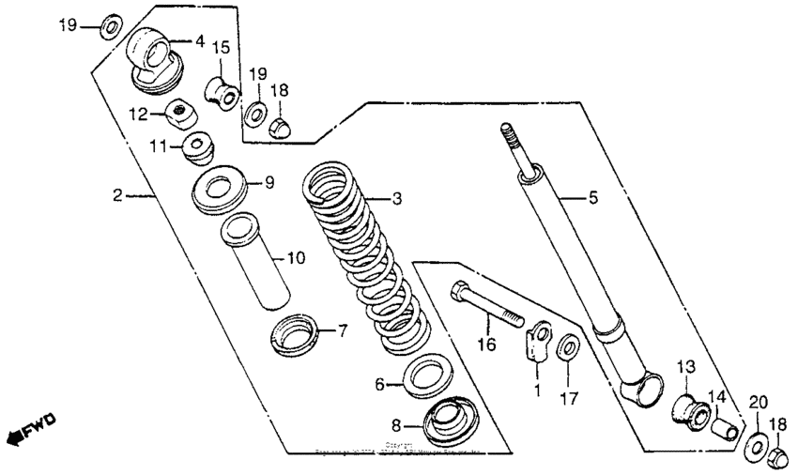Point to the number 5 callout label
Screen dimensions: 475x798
coord(592,198)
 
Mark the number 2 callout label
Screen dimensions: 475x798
coord(116,195)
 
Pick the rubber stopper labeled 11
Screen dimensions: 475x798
coord(199,146)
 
